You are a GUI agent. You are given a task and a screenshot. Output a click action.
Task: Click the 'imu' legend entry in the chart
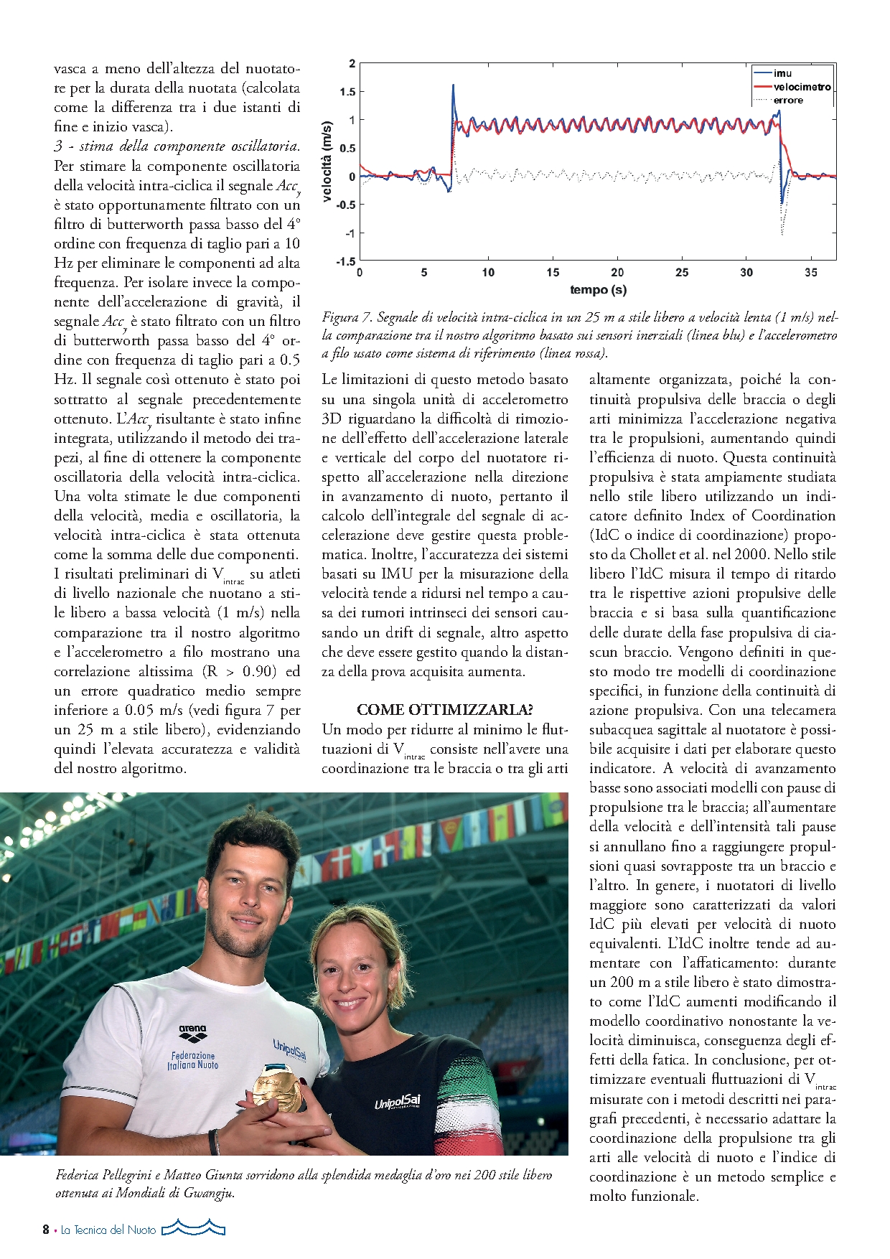(782, 73)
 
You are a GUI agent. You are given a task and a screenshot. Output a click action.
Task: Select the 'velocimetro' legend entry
(802, 87)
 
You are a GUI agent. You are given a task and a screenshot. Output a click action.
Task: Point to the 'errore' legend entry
(788, 100)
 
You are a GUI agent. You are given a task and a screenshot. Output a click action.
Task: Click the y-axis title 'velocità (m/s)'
(327, 162)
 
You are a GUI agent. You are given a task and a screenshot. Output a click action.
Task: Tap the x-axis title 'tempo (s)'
(598, 289)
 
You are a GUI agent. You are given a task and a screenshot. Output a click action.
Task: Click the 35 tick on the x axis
(811, 273)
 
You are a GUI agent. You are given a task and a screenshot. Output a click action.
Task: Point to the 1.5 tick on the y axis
(347, 92)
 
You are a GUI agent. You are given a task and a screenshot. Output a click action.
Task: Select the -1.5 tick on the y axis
(346, 261)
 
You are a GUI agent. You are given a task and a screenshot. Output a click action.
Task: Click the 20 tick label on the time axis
(617, 273)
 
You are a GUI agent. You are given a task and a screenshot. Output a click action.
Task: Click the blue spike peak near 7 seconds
(453, 85)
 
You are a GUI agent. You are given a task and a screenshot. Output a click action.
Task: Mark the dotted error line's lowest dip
(782, 234)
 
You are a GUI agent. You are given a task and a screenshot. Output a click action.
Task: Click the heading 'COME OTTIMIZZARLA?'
(444, 710)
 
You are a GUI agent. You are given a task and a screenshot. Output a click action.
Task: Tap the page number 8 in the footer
(46, 1230)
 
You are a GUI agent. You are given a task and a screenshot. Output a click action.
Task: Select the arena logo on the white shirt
(192, 1034)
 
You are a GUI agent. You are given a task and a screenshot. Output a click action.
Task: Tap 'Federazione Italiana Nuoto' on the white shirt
(192, 1060)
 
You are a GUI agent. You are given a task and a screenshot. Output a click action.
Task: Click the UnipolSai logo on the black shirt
(397, 1102)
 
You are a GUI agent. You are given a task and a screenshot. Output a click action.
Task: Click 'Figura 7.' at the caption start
(347, 317)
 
